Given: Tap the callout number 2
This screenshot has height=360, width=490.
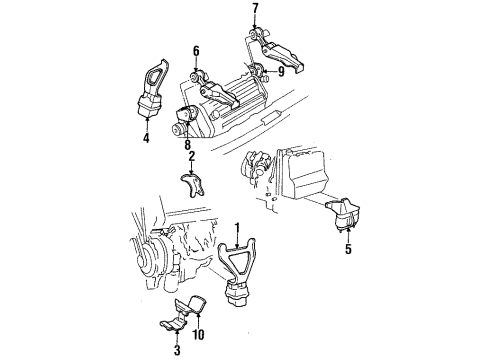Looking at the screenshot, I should pyautogui.click(x=190, y=157).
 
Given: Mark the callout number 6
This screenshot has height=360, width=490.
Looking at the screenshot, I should pyautogui.click(x=197, y=49).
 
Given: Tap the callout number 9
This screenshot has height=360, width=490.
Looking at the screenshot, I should pyautogui.click(x=281, y=70).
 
